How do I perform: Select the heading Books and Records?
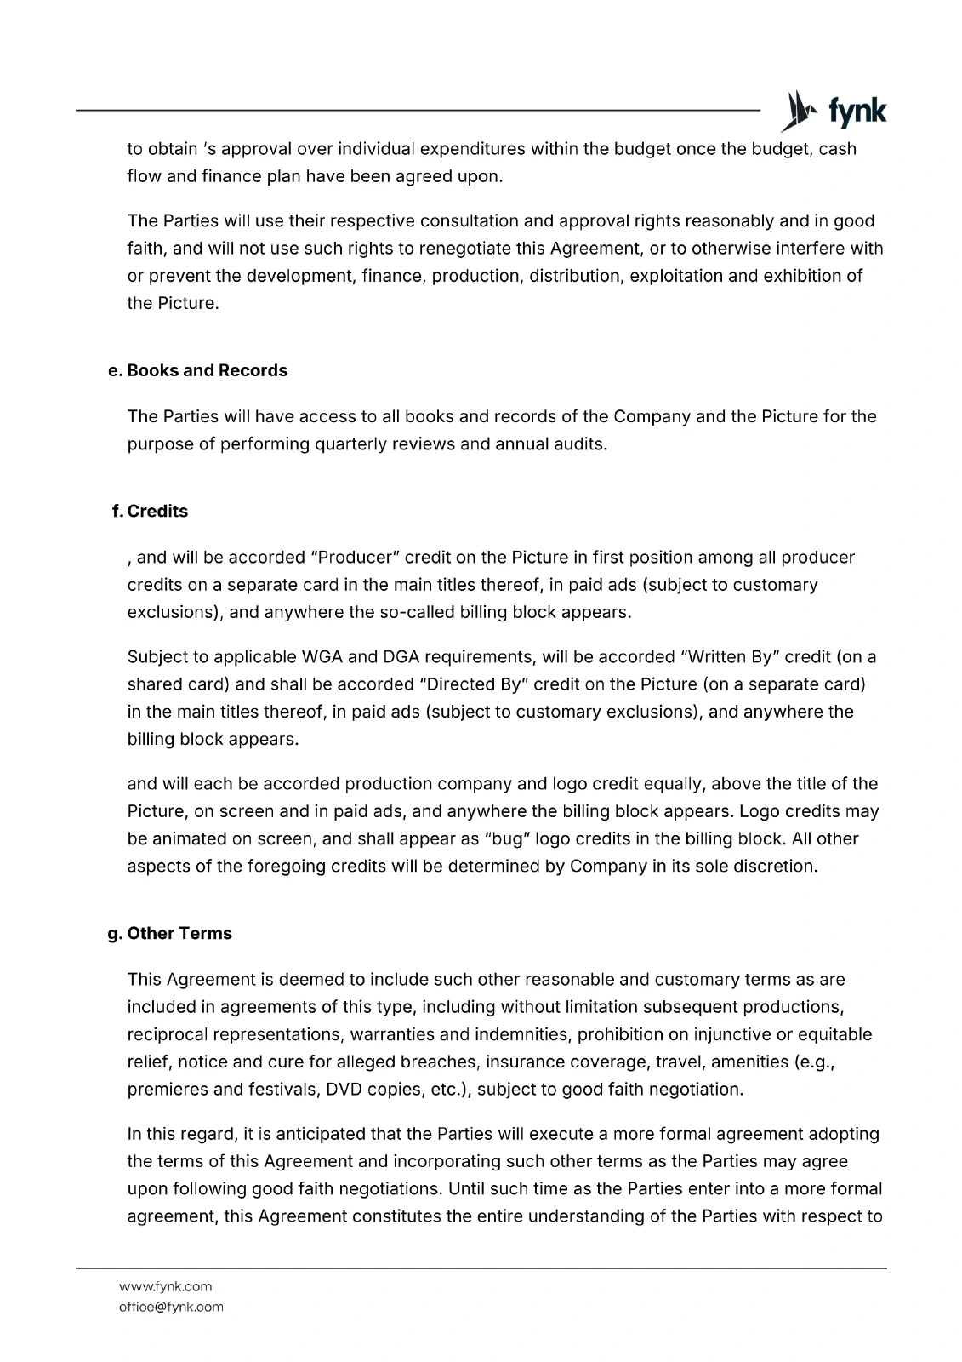tap(199, 370)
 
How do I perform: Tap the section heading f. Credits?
tap(151, 511)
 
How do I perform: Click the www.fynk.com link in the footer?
tap(165, 1286)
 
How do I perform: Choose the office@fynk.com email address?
tap(171, 1307)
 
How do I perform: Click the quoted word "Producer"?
tap(356, 558)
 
